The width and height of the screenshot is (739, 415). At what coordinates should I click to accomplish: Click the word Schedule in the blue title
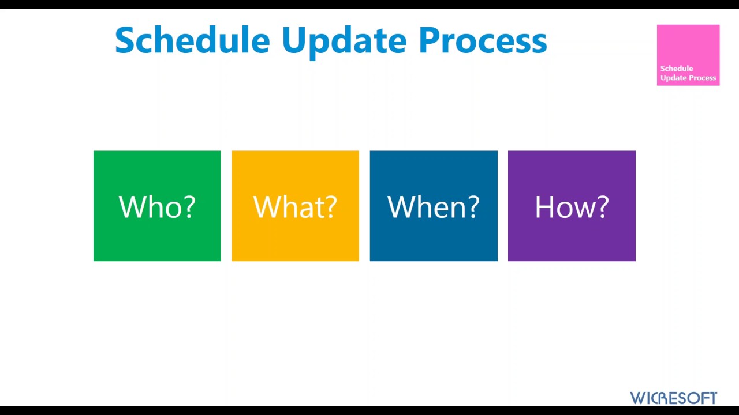192,40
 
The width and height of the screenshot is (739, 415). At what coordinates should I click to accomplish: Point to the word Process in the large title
483,40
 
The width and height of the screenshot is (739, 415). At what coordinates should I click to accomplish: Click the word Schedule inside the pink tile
676,69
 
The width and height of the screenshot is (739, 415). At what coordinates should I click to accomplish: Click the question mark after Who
189,206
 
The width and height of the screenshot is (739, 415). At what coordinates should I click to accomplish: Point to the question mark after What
330,206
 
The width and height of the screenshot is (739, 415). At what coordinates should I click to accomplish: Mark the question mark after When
473,206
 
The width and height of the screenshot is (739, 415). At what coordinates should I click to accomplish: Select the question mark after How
602,206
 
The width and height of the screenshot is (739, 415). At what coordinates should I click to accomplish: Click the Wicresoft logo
673,398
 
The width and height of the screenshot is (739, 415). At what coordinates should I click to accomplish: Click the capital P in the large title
430,40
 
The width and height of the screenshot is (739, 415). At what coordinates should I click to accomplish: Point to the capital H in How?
544,206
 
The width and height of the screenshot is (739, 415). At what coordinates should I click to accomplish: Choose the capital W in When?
401,206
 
